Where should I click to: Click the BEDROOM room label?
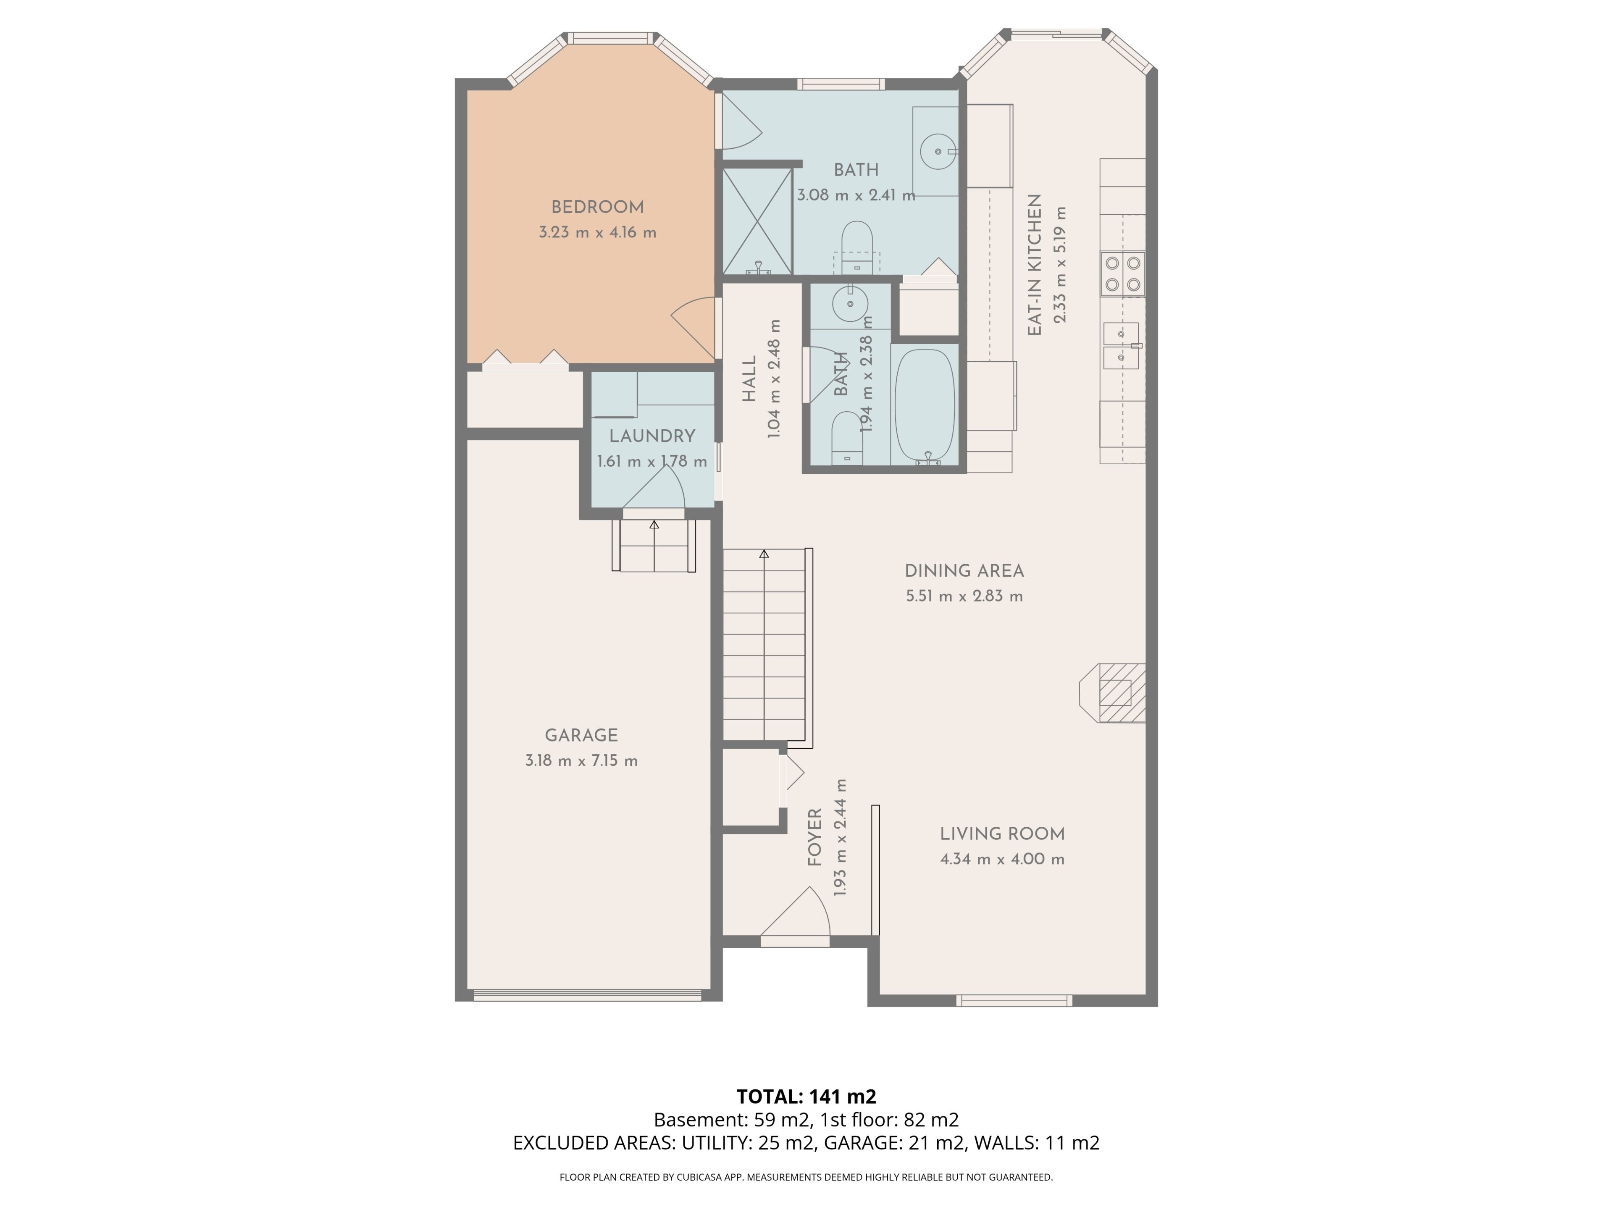597,207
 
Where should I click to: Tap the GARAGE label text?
581,735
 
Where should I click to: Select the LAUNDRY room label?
652,436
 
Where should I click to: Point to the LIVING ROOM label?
1002,834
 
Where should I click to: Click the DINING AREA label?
964,571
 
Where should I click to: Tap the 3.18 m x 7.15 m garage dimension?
581,761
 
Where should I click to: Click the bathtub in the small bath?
925,405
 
